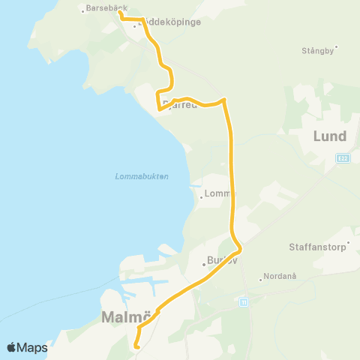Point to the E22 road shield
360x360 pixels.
(x=343, y=158)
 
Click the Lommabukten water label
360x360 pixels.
(x=142, y=176)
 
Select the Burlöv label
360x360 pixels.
(x=220, y=263)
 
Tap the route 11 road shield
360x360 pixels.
(x=243, y=301)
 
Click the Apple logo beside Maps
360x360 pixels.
(x=11, y=347)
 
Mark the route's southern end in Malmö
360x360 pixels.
(x=136, y=346)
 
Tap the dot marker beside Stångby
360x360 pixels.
(x=337, y=46)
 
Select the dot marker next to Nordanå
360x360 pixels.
(x=260, y=280)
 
